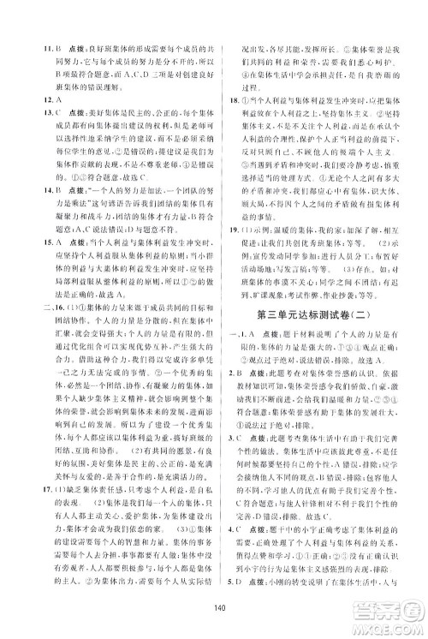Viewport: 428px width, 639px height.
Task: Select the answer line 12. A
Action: [28, 101]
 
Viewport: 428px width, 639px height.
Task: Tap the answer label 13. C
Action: [29, 114]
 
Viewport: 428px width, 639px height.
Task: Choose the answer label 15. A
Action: [29, 262]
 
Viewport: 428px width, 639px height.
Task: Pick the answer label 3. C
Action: [237, 522]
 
